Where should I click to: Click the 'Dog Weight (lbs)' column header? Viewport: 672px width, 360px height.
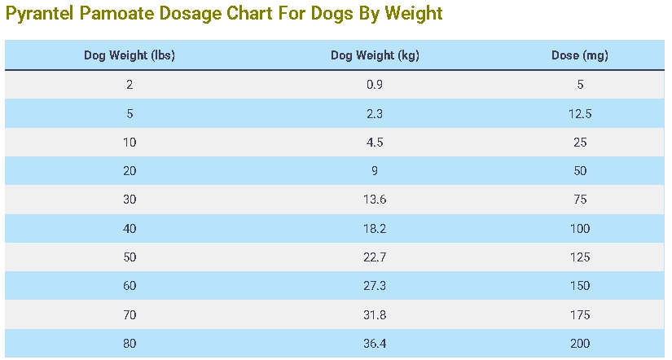tap(130, 55)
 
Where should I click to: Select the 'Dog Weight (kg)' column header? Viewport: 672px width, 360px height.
tap(375, 55)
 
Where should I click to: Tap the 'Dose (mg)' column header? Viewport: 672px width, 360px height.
tap(579, 55)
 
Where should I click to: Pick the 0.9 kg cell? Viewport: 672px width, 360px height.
tap(375, 85)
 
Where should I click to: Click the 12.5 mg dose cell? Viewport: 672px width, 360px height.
tap(579, 114)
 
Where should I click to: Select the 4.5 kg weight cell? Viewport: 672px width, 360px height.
tap(375, 143)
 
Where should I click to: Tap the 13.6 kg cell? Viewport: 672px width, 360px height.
tap(375, 200)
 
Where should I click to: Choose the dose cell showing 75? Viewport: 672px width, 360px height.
tap(579, 200)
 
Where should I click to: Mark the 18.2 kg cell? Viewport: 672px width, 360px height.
tap(375, 229)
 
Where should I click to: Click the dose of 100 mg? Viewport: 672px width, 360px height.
tap(579, 229)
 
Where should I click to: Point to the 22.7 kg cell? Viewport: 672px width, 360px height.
tap(375, 257)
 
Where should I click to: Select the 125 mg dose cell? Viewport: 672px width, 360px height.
tap(579, 257)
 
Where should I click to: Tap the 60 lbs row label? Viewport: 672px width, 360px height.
tap(130, 286)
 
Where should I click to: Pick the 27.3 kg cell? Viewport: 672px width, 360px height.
tap(375, 286)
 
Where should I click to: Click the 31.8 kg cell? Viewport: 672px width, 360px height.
tap(375, 314)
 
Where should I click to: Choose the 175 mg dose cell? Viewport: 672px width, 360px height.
tap(579, 314)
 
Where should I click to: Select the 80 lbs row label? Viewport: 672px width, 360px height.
tap(130, 344)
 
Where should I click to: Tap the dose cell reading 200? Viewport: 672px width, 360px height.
tap(579, 344)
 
